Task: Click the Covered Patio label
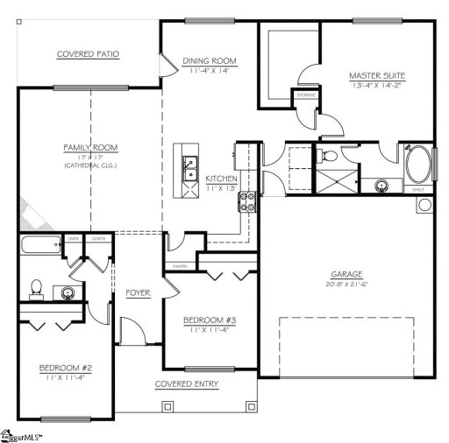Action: pyautogui.click(x=88, y=54)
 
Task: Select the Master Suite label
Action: pyautogui.click(x=375, y=76)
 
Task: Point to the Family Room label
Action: pyautogui.click(x=90, y=147)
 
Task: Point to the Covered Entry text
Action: pyautogui.click(x=187, y=384)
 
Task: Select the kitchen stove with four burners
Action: pyautogui.click(x=247, y=202)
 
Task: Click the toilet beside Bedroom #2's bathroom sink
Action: pyautogui.click(x=36, y=286)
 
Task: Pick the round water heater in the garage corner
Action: pyautogui.click(x=424, y=206)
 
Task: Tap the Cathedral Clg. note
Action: pyautogui.click(x=90, y=165)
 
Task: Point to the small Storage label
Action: pyautogui.click(x=305, y=95)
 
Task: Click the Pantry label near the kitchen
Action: pyautogui.click(x=180, y=264)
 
